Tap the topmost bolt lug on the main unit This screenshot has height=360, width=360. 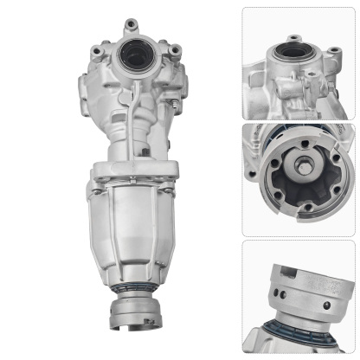[130, 25]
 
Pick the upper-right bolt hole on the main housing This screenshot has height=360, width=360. [176, 50]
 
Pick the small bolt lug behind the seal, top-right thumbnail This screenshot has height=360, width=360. [293, 39]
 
